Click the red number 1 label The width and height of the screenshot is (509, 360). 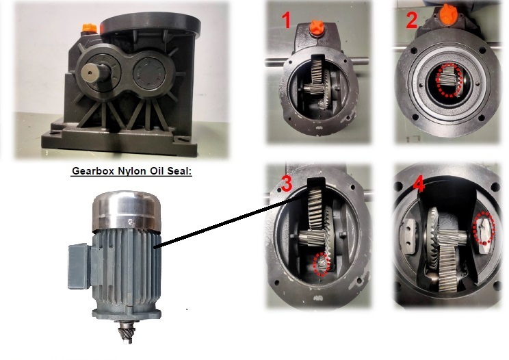[286, 20]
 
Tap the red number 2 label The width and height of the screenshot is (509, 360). [412, 20]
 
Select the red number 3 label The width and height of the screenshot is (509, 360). [287, 184]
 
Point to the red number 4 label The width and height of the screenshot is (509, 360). [419, 185]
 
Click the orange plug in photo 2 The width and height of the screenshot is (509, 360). [448, 14]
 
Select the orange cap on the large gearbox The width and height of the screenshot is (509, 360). [89, 28]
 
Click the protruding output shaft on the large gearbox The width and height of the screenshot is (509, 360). [94, 73]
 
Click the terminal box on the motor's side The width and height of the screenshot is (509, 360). [79, 266]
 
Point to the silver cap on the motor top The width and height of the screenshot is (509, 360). [127, 210]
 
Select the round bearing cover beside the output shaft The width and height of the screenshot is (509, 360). [149, 73]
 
